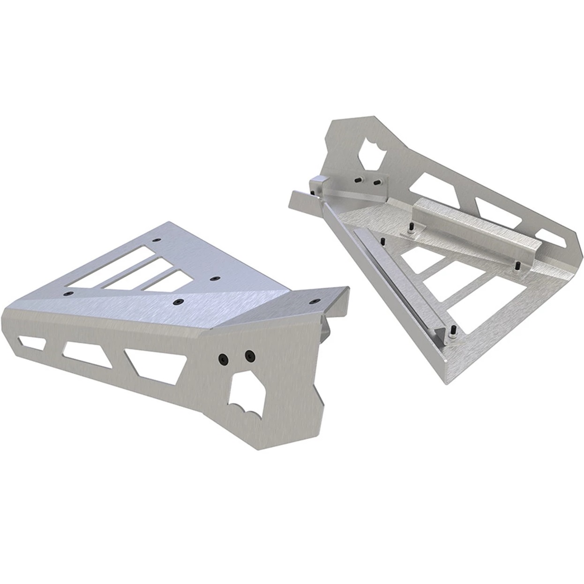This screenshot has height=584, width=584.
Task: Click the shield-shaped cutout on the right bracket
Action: point(373,150)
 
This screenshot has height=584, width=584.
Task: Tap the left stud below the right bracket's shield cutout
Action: point(358,179)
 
